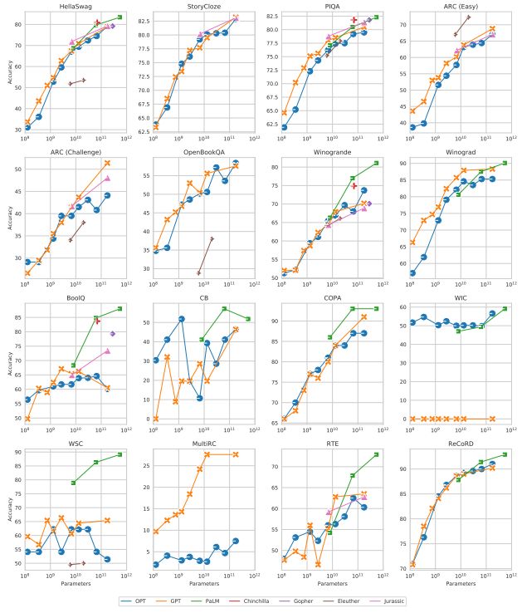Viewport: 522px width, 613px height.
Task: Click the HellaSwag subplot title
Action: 76,6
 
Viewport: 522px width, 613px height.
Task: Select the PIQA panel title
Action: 329,6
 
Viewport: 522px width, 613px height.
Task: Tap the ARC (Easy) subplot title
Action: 457,6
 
